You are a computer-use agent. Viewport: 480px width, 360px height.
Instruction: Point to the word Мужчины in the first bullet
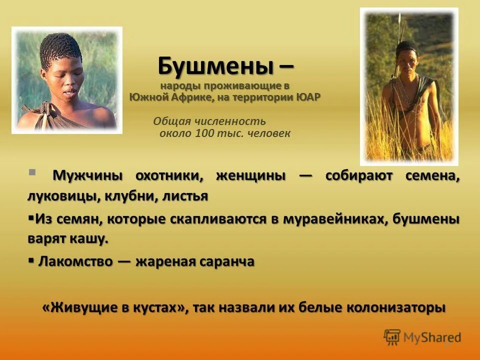click(x=88, y=176)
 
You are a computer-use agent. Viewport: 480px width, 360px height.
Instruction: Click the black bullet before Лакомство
click(x=31, y=260)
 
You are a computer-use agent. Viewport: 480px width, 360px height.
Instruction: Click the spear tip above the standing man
click(x=399, y=19)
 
